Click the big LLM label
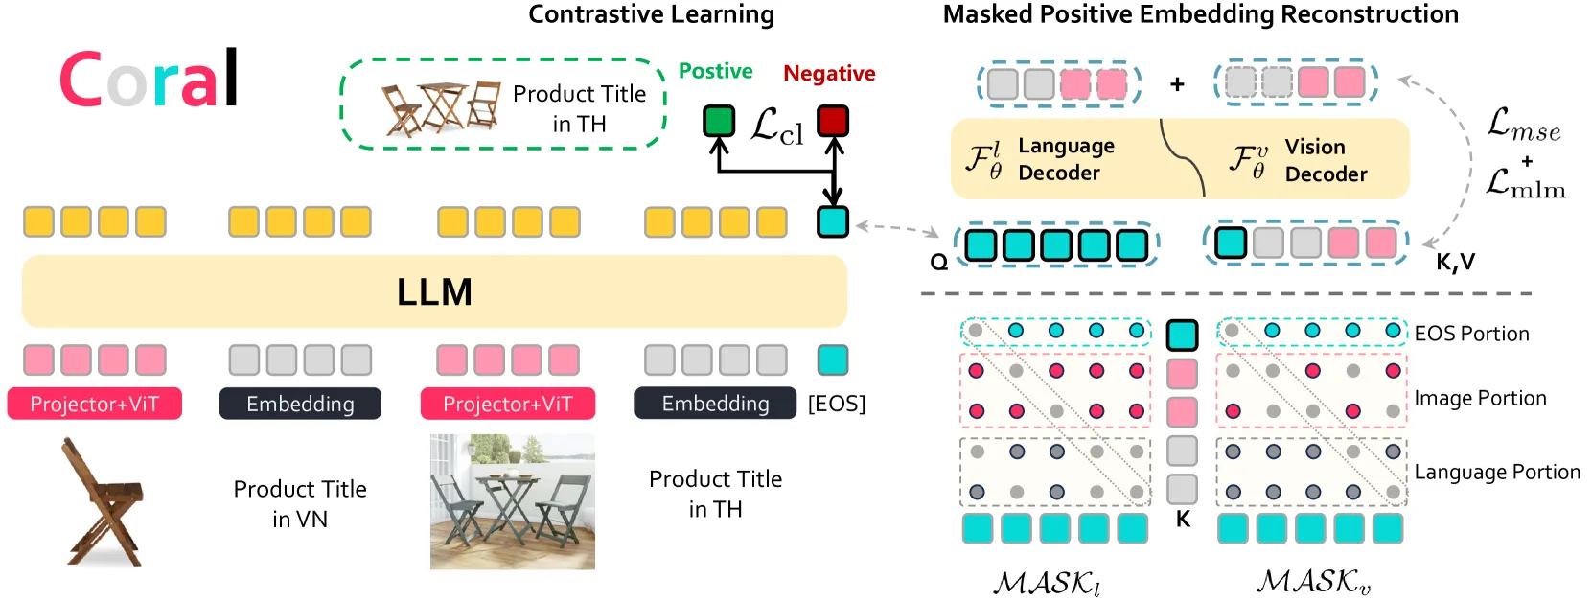click(x=434, y=292)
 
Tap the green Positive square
click(x=719, y=121)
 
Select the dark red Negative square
click(x=833, y=121)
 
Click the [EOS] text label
click(x=837, y=404)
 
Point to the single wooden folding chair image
click(x=104, y=501)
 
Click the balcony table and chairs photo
click(x=513, y=501)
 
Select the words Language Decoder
click(x=1066, y=159)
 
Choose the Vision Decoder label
click(x=1326, y=161)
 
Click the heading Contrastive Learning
click(x=651, y=14)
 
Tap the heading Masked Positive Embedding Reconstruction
click(x=1200, y=14)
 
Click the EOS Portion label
click(x=1471, y=334)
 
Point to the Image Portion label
click(x=1480, y=398)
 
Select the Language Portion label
click(x=1497, y=472)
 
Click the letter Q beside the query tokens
click(x=939, y=263)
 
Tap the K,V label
click(x=1456, y=263)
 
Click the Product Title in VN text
click(x=300, y=504)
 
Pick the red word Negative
click(x=829, y=73)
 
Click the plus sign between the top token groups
click(x=1178, y=83)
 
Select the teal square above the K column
click(x=1182, y=335)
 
